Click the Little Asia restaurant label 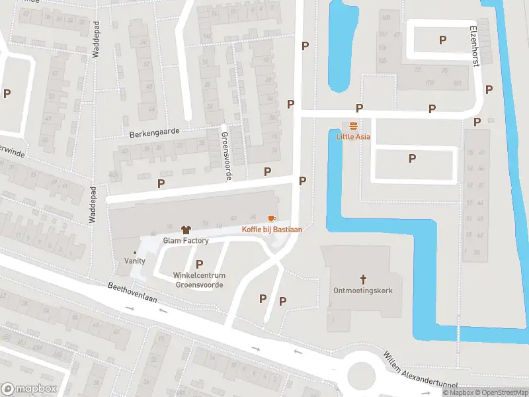click(x=353, y=137)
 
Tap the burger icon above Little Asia click(x=354, y=126)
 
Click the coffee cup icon click(x=270, y=218)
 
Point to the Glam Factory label click(x=185, y=241)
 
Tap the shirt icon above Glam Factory click(x=185, y=229)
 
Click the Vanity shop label click(x=135, y=261)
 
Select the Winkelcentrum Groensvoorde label click(x=198, y=280)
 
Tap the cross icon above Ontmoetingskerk click(x=363, y=279)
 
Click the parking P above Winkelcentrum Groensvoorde click(x=199, y=264)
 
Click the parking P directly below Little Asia click(x=412, y=158)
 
